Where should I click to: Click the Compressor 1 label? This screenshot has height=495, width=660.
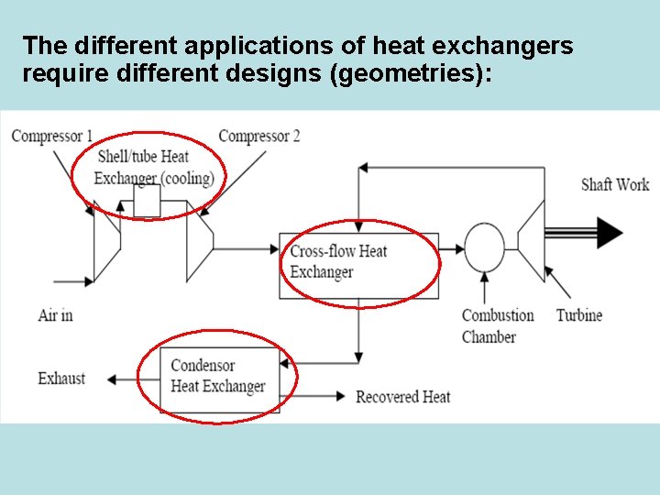click(x=52, y=137)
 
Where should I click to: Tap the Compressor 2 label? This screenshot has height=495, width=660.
click(x=259, y=137)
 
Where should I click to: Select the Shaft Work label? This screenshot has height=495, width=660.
click(x=615, y=184)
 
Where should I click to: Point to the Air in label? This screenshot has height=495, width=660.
click(x=56, y=315)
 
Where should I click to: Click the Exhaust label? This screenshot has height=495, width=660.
click(x=61, y=378)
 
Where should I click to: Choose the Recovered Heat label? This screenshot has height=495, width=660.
click(x=403, y=397)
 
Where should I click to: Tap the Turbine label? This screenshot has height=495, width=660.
click(x=579, y=315)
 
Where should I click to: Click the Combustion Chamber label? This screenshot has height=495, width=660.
click(x=498, y=326)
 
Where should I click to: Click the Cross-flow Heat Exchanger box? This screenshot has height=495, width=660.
click(x=358, y=263)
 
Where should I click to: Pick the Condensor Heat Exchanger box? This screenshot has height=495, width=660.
click(x=218, y=377)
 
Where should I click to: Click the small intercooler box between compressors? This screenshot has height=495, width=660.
click(x=147, y=201)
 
